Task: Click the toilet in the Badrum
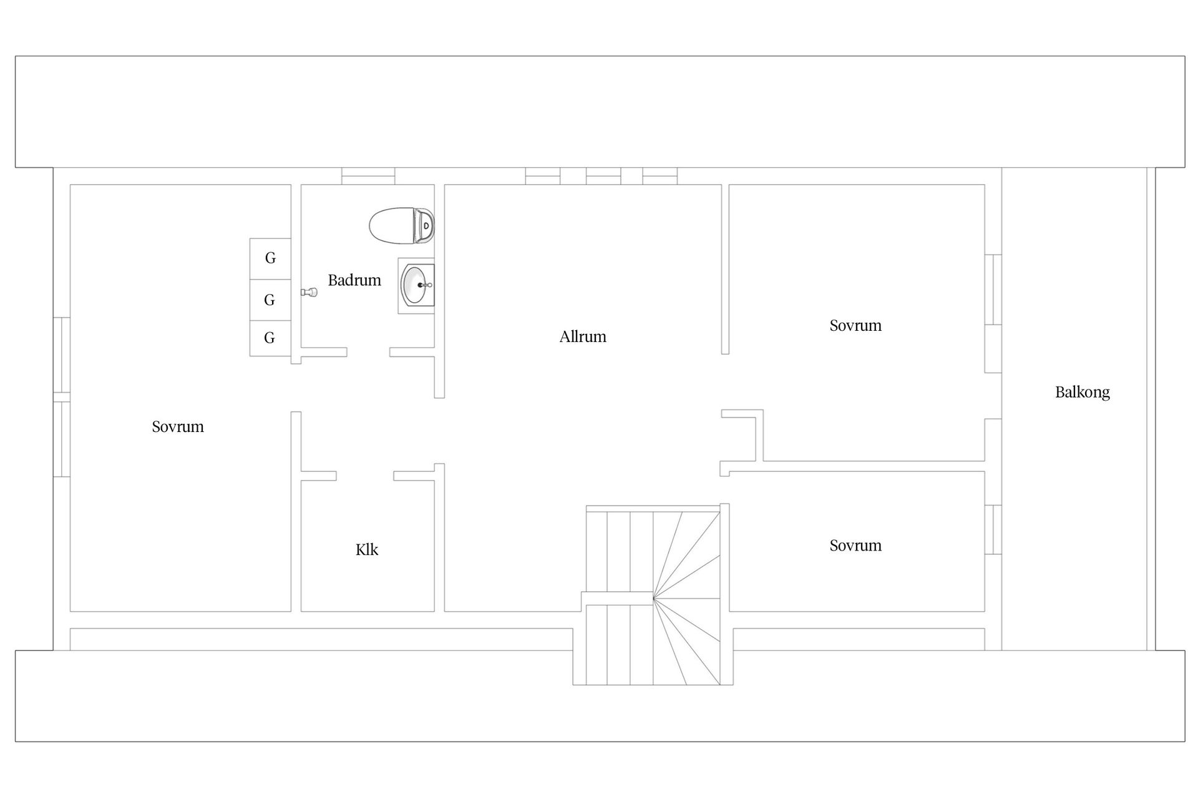(x=402, y=225)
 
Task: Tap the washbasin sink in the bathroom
(x=416, y=285)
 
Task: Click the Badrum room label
(x=354, y=280)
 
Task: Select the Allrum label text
(x=583, y=336)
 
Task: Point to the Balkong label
(x=1083, y=392)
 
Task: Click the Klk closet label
(x=367, y=549)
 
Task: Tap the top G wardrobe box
(x=270, y=258)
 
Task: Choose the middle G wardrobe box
(x=270, y=300)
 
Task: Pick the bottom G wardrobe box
(x=270, y=338)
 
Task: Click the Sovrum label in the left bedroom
(x=178, y=426)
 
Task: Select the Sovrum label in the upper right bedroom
(x=855, y=325)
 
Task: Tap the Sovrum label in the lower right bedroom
(x=855, y=545)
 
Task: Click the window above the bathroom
(x=368, y=176)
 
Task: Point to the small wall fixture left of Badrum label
(x=309, y=292)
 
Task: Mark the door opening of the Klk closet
(x=365, y=476)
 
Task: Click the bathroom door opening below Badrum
(x=368, y=352)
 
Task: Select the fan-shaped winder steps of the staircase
(x=687, y=598)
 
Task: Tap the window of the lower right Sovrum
(x=993, y=529)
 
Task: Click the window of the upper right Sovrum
(x=993, y=290)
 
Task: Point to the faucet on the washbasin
(x=426, y=285)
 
